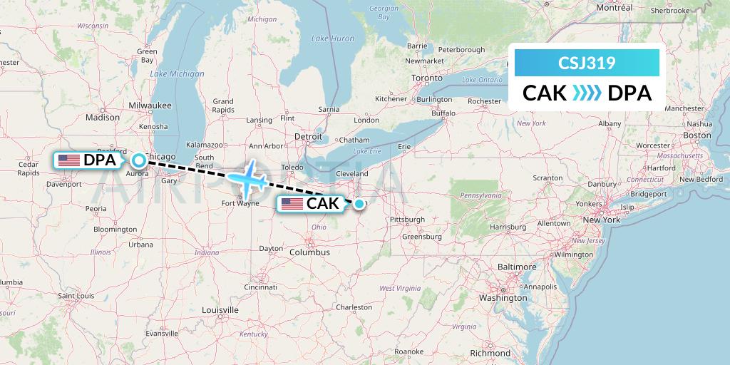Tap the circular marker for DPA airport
pyautogui.click(x=138, y=160)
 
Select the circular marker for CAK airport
pyautogui.click(x=359, y=204)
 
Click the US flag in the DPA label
pyautogui.click(x=69, y=160)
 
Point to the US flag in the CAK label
pyautogui.click(x=292, y=204)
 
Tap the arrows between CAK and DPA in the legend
pyautogui.click(x=587, y=93)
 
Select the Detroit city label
pyautogui.click(x=309, y=135)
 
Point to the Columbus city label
pyautogui.click(x=309, y=252)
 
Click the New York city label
pyautogui.click(x=602, y=220)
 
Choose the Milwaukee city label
pyautogui.click(x=150, y=105)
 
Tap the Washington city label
pyautogui.click(x=503, y=297)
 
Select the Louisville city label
pyautogui.click(x=220, y=310)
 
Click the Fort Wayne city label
pyautogui.click(x=240, y=202)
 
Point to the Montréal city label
pyautogui.click(x=614, y=7)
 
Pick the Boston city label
pyautogui.click(x=697, y=135)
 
